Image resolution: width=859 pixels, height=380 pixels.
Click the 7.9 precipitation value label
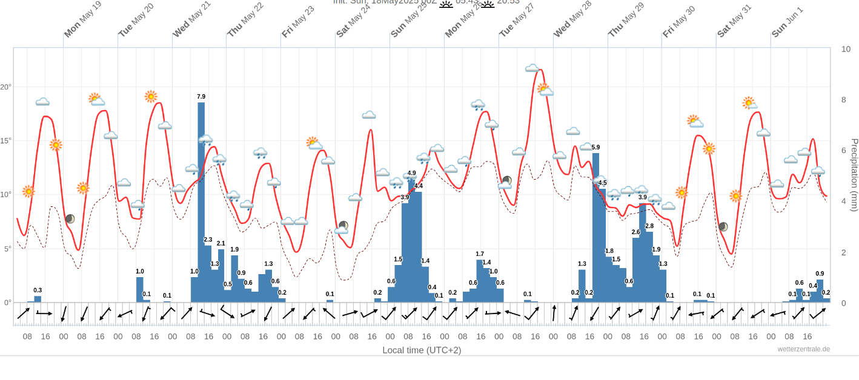[201, 97]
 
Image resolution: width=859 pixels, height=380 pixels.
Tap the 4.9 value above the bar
[412, 174]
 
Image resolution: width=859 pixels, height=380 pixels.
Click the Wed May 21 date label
[191, 20]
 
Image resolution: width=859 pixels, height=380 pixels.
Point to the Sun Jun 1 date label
[787, 22]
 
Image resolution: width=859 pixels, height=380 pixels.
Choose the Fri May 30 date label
[678, 22]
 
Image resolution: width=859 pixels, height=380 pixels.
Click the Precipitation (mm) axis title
[854, 175]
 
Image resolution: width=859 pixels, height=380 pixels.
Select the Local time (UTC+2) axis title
[422, 350]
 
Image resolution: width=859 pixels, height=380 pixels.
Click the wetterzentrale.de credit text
[804, 349]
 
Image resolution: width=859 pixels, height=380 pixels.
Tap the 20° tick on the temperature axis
[6, 87]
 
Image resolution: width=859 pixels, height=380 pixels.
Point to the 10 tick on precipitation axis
[846, 49]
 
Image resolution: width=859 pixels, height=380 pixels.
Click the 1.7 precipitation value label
[480, 254]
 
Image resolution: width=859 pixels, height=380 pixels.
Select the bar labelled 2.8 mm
[649, 266]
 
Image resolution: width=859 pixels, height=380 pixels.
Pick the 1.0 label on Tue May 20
[140, 272]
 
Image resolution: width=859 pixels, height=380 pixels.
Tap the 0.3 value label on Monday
[38, 290]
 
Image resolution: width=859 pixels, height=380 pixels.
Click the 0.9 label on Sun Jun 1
[820, 274]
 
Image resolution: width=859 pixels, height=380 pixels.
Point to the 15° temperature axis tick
[6, 141]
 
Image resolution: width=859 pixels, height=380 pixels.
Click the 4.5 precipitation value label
[602, 183]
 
